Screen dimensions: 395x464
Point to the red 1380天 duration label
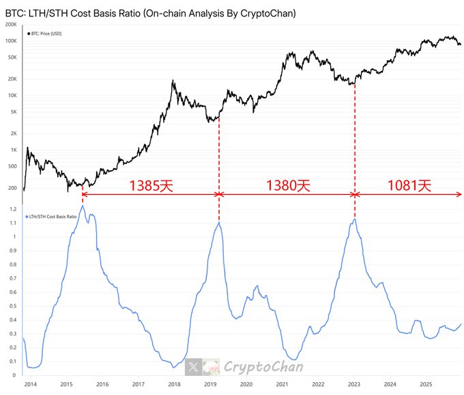click(287, 185)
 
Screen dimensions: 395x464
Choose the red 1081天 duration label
click(409, 185)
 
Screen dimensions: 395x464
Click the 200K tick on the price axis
click(11, 24)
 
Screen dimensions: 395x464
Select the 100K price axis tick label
click(11, 41)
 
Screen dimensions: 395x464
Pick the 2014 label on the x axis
click(30, 385)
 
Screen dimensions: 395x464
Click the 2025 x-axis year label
click(425, 385)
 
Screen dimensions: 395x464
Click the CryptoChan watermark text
click(254, 367)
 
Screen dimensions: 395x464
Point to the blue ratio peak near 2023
click(355, 219)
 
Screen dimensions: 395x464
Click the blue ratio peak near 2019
click(218, 222)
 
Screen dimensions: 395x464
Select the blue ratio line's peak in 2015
click(83, 206)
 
